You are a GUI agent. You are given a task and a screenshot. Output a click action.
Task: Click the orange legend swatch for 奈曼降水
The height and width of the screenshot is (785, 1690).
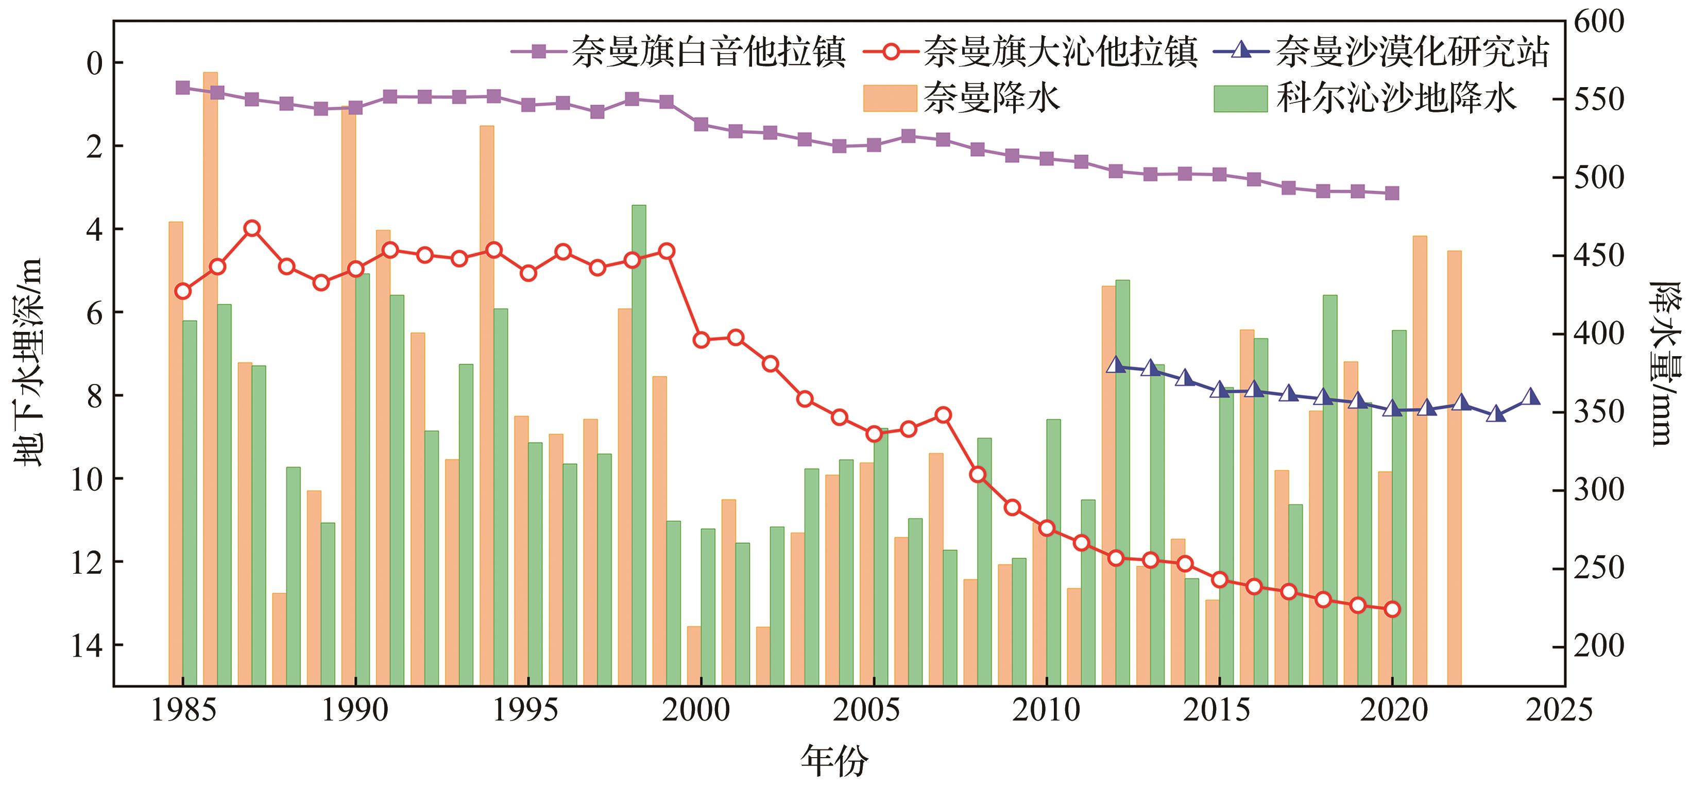click(890, 98)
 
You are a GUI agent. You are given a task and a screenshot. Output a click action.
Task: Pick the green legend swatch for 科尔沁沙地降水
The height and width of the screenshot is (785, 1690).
click(1240, 98)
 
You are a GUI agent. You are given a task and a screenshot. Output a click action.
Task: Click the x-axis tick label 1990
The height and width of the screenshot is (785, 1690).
click(355, 710)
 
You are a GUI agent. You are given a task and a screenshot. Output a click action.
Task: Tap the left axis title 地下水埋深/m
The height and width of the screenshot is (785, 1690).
click(29, 361)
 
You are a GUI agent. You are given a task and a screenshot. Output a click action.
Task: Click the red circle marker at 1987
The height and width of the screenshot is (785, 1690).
click(252, 228)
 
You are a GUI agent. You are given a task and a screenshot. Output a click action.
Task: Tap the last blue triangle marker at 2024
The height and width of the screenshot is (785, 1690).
click(1530, 396)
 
